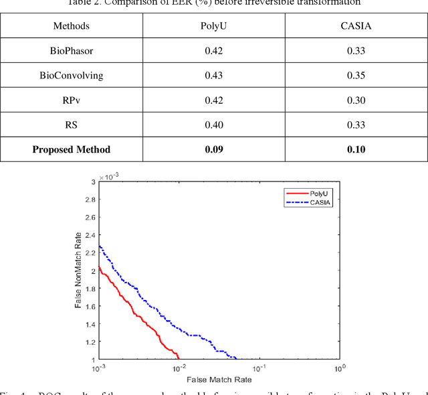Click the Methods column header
[x=72, y=26]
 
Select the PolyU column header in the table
[x=213, y=26]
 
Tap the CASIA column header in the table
[x=356, y=26]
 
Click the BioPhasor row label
[x=72, y=50]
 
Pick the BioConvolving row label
[x=72, y=75]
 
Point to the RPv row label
[x=72, y=100]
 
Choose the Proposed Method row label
[x=72, y=149]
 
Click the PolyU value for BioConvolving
[x=213, y=75]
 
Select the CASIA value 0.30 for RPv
[x=356, y=100]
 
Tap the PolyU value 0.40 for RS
[x=213, y=125]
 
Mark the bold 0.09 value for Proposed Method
[x=213, y=149]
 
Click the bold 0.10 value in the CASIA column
[x=356, y=149]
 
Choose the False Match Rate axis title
[x=219, y=380]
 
